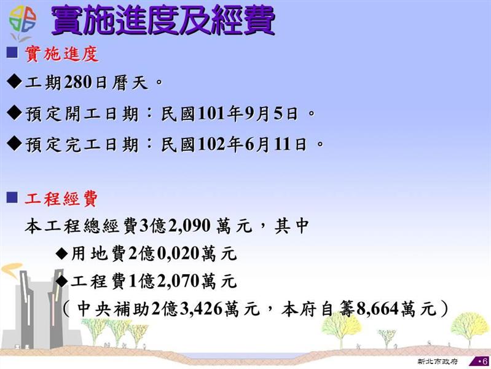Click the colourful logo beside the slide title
[23, 23]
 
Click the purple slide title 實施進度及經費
[163, 21]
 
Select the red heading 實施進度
[61, 54]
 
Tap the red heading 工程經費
[61, 199]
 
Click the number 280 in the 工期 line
[78, 83]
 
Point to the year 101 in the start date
[212, 114]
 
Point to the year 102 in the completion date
[212, 145]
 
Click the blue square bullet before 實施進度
[12, 52]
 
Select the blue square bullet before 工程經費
[12, 197]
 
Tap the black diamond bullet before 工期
[14, 82]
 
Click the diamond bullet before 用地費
[62, 253]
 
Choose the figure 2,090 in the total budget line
[189, 226]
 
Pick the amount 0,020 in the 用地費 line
[178, 253]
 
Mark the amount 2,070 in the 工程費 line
[178, 281]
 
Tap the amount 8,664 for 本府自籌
[377, 309]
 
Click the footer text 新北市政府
[438, 361]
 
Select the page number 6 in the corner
[485, 361]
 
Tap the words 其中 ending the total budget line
[292, 226]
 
